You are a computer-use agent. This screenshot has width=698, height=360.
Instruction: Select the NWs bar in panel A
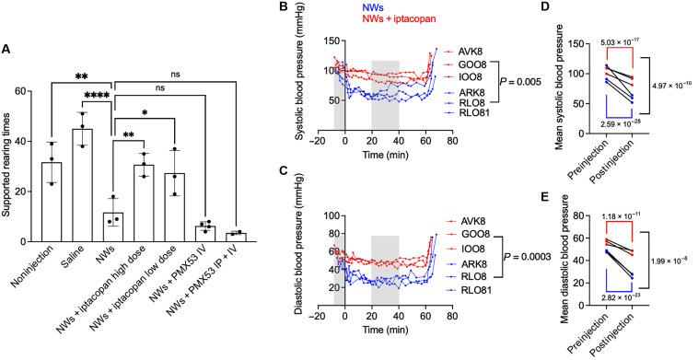pos(113,226)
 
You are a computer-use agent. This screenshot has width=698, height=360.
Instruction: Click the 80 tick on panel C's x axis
pos(450,314)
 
